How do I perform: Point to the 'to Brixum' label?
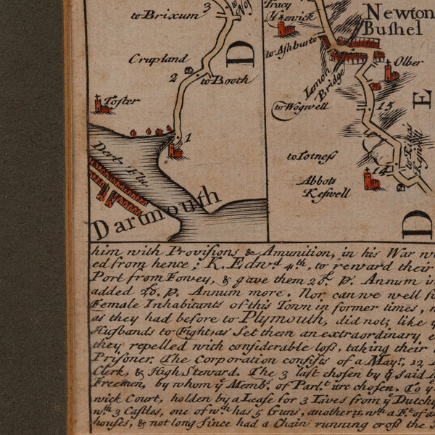tap(165, 14)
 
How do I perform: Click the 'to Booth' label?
tap(214, 80)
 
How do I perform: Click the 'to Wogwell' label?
tap(301, 107)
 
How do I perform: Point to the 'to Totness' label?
tap(312, 156)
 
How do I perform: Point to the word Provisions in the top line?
tap(164, 252)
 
